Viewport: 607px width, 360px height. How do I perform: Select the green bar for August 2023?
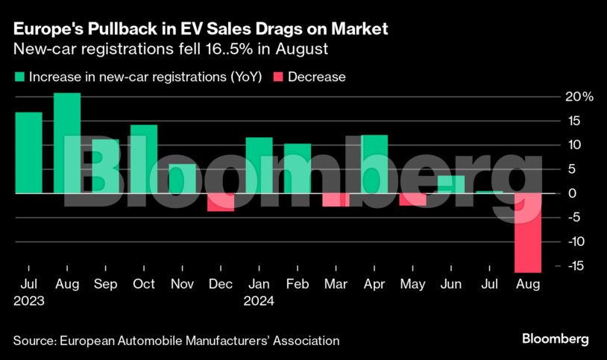point(67,142)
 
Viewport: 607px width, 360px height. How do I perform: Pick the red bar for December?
point(221,202)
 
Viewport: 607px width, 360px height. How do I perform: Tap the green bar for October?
point(144,159)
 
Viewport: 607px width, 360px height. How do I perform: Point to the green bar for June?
point(451,184)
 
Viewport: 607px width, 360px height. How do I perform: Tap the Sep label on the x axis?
point(105,284)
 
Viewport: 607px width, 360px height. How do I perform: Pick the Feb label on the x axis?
point(298,284)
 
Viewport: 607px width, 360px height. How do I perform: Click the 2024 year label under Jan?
point(259,302)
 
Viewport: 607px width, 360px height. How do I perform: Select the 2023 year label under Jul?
point(28,302)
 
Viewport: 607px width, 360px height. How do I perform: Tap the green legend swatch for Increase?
point(19,77)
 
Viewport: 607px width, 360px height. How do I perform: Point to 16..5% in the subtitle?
point(235,50)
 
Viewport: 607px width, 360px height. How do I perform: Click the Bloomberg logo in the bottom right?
point(556,339)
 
